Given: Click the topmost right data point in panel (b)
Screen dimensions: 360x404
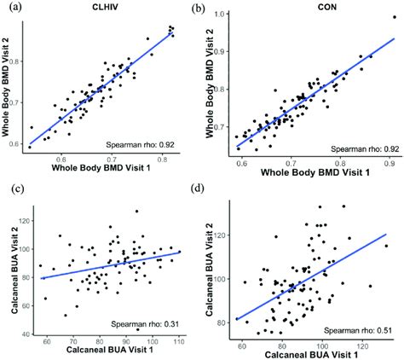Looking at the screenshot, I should [x=394, y=17].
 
